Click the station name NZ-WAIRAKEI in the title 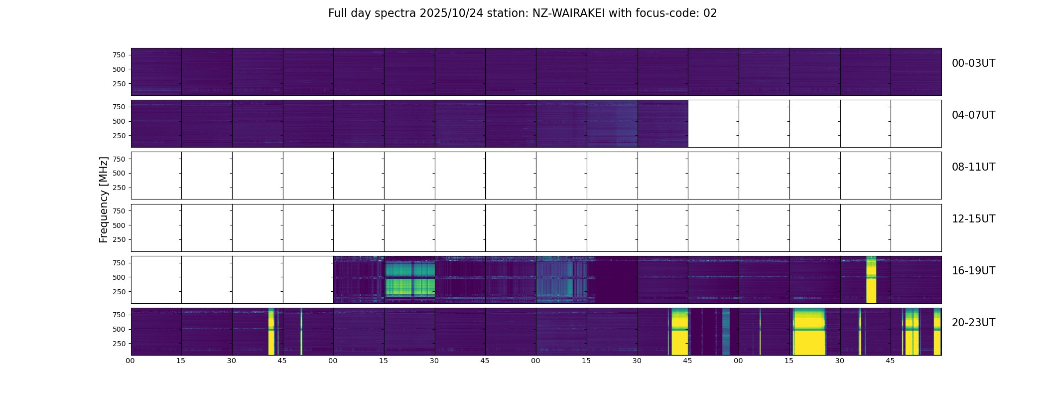tap(568, 13)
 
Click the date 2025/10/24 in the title tap(451, 13)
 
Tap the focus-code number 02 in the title tap(710, 13)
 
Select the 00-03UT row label tap(973, 63)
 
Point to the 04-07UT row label tap(973, 115)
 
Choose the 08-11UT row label tap(973, 167)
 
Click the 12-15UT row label tap(973, 219)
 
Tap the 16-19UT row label tap(973, 271)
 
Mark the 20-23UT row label tap(973, 323)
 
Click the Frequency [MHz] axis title tap(104, 199)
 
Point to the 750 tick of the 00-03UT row tap(119, 55)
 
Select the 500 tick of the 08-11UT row tap(119, 173)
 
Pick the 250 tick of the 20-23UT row tap(119, 344)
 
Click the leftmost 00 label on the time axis tap(130, 361)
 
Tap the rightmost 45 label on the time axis tap(890, 361)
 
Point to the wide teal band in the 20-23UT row tap(726, 332)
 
